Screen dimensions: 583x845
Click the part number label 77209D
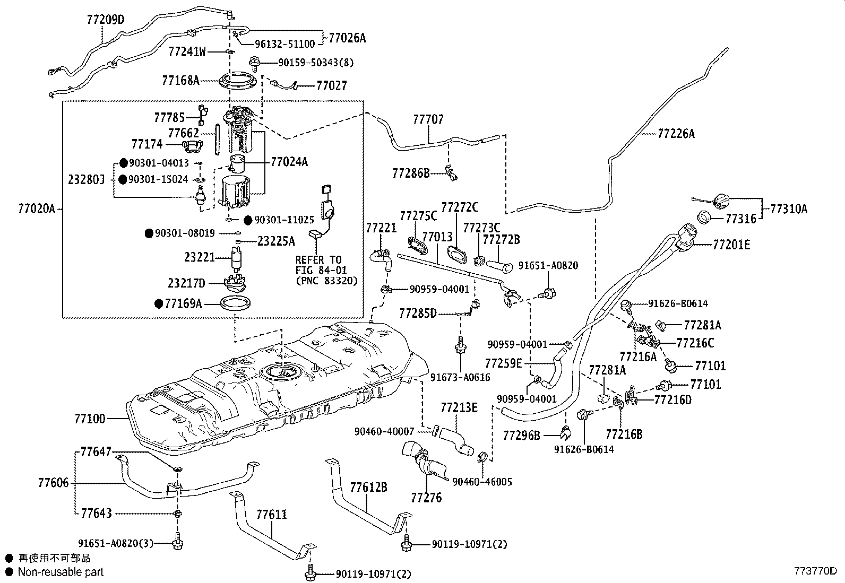(x=105, y=20)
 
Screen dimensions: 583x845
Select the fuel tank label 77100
(x=90, y=419)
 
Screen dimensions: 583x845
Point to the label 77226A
(x=676, y=134)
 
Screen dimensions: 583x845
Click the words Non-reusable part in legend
(x=61, y=572)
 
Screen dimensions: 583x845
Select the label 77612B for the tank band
(x=368, y=487)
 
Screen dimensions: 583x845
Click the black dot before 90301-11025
(x=247, y=220)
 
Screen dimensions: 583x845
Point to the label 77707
(x=428, y=119)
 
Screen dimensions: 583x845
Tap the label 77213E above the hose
(x=459, y=407)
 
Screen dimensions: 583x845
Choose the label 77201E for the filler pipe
(x=731, y=245)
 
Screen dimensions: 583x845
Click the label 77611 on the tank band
(x=271, y=514)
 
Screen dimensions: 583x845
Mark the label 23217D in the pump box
(x=202, y=283)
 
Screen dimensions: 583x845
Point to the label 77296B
(x=521, y=436)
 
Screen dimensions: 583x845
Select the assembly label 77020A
(x=37, y=209)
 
